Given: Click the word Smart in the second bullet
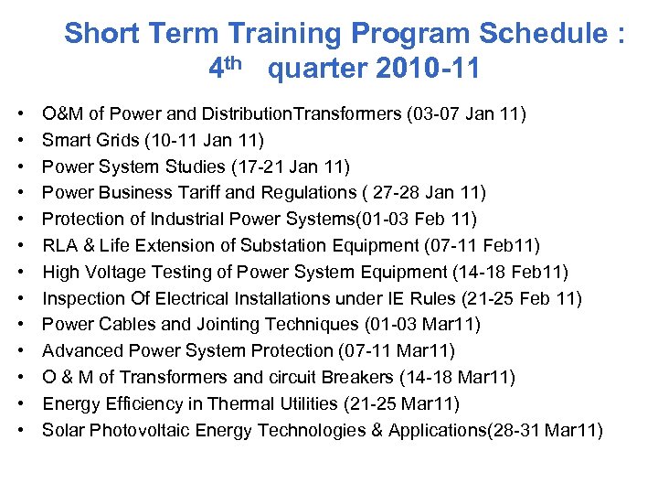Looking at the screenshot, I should (x=67, y=140).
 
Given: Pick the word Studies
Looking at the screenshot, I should (x=194, y=166).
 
